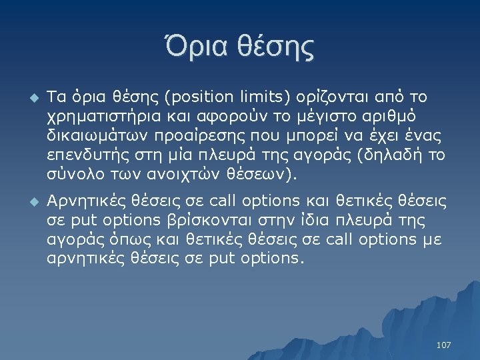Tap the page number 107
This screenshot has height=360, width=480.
tap(443, 345)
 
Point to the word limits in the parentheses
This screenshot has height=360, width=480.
tap(257, 98)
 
